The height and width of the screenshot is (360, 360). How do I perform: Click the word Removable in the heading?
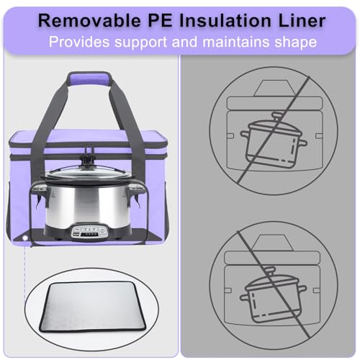tap(89, 21)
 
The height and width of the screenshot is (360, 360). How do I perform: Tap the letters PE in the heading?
tap(160, 21)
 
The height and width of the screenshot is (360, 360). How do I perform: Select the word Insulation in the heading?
tap(225, 21)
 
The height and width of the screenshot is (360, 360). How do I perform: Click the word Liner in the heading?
tap(302, 21)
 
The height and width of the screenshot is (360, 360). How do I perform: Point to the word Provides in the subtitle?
tap(79, 42)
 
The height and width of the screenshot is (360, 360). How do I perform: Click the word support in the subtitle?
tap(140, 42)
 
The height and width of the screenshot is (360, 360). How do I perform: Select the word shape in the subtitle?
tap(295, 42)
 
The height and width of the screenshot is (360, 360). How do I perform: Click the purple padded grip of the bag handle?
tap(89, 78)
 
